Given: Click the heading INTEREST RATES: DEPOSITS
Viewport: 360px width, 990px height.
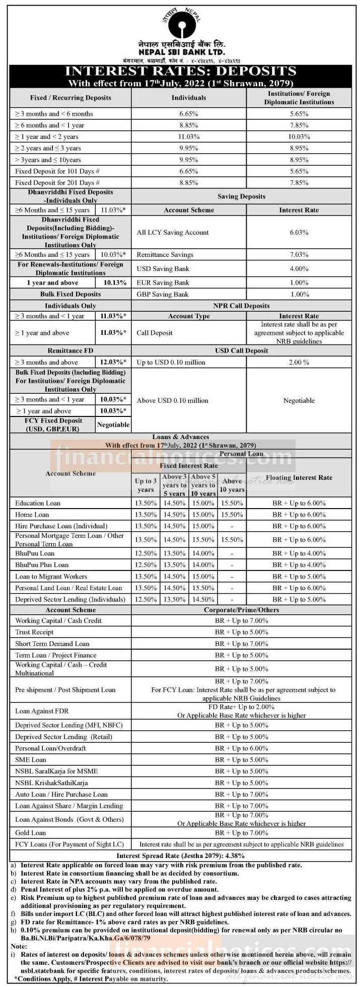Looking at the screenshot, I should pos(181,70).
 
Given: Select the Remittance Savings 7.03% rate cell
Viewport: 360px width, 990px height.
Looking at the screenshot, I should pos(299,255).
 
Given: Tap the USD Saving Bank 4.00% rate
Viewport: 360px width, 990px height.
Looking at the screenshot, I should pos(299,268).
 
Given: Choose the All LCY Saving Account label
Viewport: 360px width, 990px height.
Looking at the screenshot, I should pos(172,233).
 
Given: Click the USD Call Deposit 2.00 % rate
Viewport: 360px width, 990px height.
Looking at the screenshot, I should pos(299,362).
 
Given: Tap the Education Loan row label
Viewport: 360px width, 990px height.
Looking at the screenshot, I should pos(38,503).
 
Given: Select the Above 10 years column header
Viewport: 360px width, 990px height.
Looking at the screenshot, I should pos(232,485).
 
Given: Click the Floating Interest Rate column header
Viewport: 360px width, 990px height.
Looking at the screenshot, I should pos(299,477).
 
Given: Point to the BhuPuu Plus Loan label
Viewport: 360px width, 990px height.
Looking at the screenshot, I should pos(42,565).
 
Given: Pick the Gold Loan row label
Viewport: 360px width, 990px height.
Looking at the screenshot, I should pos(31,833).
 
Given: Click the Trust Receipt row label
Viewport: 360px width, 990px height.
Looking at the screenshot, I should pos(34,632).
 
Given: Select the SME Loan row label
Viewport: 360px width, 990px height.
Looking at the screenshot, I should pos(31,759).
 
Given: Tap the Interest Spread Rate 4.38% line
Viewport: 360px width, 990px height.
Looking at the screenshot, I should pos(181,856).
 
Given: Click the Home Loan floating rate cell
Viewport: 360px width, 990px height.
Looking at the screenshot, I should pos(299,515).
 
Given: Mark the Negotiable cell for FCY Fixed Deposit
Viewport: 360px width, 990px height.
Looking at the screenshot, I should pos(113,425).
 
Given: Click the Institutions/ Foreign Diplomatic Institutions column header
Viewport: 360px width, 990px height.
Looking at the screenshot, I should pos(299,98).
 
